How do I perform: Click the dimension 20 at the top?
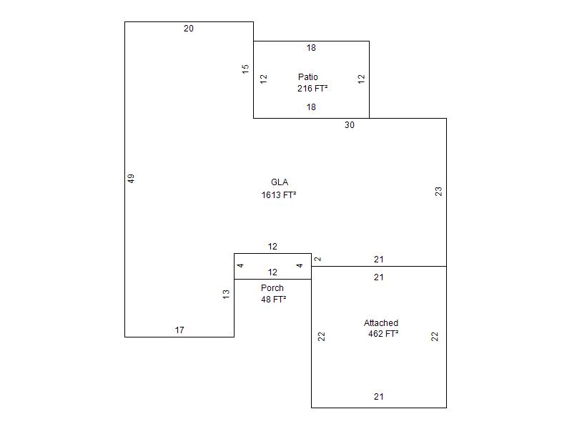[x=189, y=29]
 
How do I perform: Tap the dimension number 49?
[x=132, y=179]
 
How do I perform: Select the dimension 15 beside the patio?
[x=246, y=69]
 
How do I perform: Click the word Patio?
[x=308, y=77]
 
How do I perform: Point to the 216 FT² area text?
[x=312, y=89]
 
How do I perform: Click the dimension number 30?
[x=350, y=125]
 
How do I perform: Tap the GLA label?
[x=280, y=182]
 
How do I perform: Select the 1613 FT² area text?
[x=279, y=194]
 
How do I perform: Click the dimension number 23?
[x=439, y=191]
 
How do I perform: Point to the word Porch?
[x=272, y=288]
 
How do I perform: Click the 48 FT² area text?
[x=274, y=300]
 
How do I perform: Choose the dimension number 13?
[x=227, y=293]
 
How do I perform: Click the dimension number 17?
[x=179, y=330]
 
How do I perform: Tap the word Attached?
[x=381, y=323]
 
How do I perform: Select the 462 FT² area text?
[x=383, y=334]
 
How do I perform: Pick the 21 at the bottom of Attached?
[x=379, y=397]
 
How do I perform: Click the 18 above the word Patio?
[x=311, y=48]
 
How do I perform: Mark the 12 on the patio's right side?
[x=362, y=79]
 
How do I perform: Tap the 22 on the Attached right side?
[x=435, y=336]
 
